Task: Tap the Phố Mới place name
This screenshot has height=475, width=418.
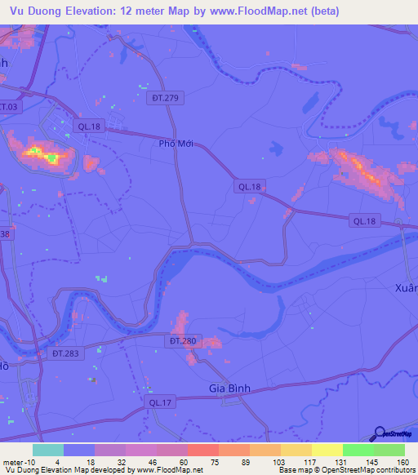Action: tap(175, 143)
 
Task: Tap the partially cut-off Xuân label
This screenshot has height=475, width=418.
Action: tap(406, 288)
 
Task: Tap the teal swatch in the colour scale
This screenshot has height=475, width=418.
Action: tap(48, 450)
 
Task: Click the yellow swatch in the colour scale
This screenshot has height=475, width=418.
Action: tap(327, 450)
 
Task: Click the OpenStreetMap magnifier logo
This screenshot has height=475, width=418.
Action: tap(380, 434)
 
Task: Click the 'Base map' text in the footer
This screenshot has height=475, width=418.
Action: tap(298, 469)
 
